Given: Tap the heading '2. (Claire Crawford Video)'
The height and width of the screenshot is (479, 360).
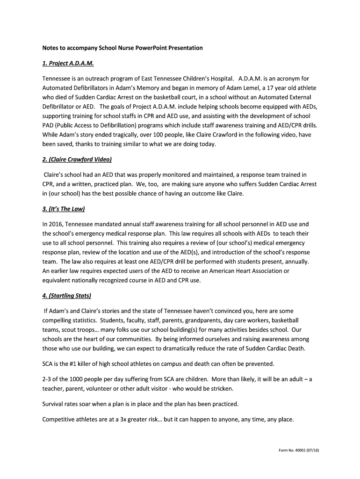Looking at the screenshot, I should [x=77, y=160].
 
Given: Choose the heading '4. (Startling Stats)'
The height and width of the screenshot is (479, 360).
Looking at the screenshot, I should [x=67, y=296].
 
